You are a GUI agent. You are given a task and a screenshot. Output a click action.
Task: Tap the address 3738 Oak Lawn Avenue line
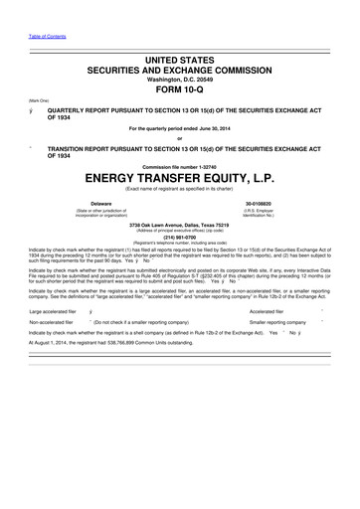(179, 224)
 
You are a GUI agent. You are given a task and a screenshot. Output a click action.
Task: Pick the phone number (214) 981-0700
(179, 237)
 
